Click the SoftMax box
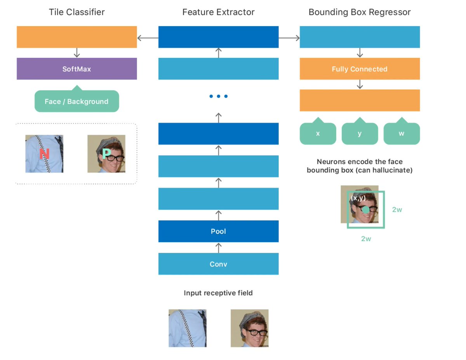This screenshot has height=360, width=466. click(77, 69)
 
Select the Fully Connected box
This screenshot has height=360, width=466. click(360, 69)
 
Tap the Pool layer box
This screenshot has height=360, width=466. click(218, 231)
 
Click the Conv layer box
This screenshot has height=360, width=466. click(218, 264)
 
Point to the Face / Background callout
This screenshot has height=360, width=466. click(77, 101)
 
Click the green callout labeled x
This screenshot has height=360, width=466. click(318, 134)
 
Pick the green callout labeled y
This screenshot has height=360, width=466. click(360, 134)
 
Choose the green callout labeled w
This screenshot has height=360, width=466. click(402, 134)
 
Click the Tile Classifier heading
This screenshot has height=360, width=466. click(77, 12)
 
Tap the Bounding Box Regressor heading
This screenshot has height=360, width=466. click(360, 12)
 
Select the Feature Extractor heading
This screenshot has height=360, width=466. click(218, 12)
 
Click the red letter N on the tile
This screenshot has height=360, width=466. click(44, 155)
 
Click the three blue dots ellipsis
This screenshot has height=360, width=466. click(218, 96)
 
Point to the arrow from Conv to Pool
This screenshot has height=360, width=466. click(218, 247)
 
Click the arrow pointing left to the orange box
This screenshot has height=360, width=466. click(148, 38)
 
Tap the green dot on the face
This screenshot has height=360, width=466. click(366, 210)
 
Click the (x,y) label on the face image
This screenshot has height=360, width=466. click(358, 198)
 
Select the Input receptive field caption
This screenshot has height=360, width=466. click(218, 293)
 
